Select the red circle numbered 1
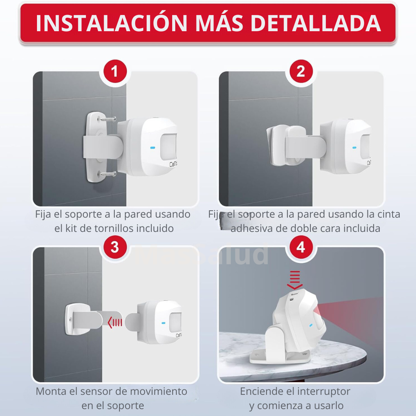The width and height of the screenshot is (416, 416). tap(114, 72)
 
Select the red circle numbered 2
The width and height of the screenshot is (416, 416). tap(301, 72)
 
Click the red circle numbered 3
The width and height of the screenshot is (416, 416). tap(114, 247)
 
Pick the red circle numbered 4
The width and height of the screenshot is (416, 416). tap(301, 247)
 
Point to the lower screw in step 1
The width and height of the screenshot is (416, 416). tap(109, 174)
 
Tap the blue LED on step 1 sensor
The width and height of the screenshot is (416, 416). tap(153, 147)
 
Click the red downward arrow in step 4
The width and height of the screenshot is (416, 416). tap(295, 280)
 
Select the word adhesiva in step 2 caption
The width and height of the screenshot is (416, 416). tap(252, 228)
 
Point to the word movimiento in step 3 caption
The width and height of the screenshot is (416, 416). tap(163, 391)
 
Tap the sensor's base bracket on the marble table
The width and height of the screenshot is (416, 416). tap(277, 354)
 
